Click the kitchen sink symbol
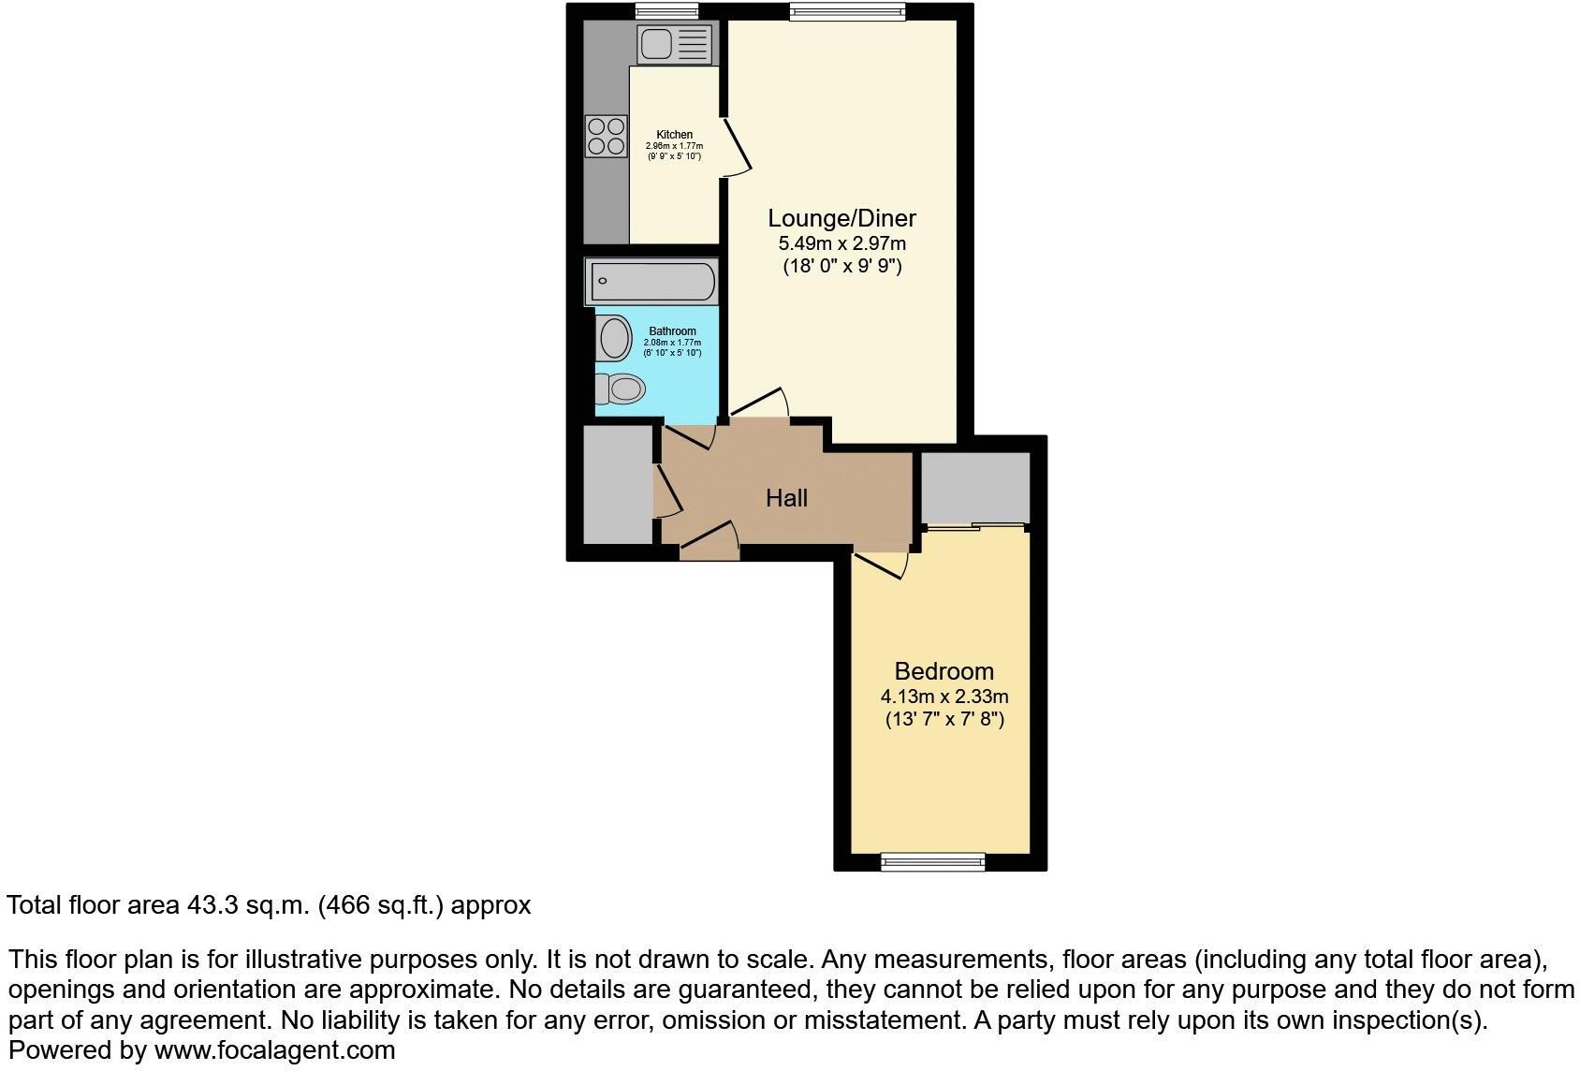click(674, 44)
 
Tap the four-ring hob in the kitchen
click(606, 137)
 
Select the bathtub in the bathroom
click(652, 281)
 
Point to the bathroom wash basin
click(615, 338)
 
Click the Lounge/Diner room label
click(841, 218)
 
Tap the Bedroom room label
click(944, 671)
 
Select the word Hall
click(786, 498)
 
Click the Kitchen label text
click(674, 135)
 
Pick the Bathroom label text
click(672, 331)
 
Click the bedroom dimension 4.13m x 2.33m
click(944, 697)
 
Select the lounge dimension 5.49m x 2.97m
click(841, 243)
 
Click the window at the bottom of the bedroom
click(932, 860)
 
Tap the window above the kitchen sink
click(666, 11)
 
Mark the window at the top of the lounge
click(846, 11)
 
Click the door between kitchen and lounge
click(737, 147)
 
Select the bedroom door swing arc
click(884, 565)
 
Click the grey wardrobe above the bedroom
click(975, 487)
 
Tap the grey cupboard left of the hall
click(617, 484)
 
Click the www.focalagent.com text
click(274, 1050)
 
